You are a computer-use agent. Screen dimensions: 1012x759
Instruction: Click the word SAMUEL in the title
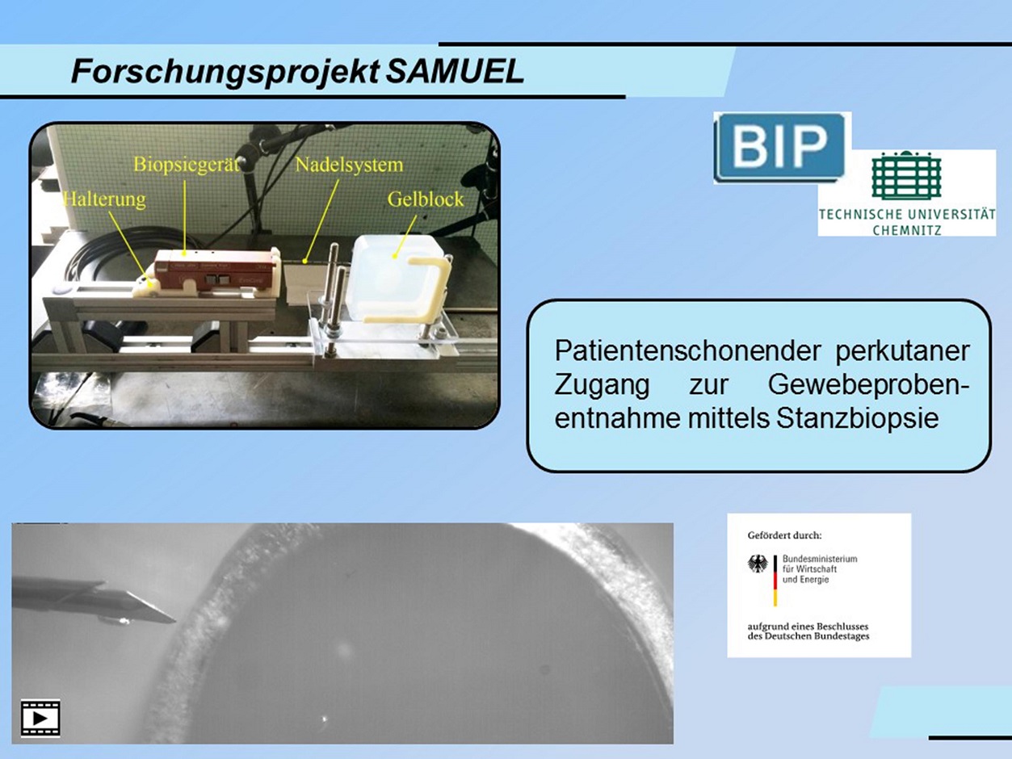[x=455, y=72]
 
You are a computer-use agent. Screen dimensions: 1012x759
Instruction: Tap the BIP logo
[x=780, y=148]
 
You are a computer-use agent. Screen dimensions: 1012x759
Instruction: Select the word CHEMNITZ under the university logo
[x=907, y=230]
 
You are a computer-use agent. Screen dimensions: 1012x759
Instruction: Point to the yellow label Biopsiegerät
[x=187, y=164]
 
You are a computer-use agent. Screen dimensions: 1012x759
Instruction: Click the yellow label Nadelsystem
[x=349, y=165]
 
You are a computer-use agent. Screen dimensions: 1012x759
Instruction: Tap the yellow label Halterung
[x=105, y=199]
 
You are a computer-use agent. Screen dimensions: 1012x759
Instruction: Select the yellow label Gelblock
[x=425, y=199]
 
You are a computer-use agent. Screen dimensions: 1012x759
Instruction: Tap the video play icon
[x=40, y=719]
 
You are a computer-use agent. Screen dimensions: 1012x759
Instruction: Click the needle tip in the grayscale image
[x=174, y=621]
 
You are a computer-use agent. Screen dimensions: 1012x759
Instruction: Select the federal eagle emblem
[x=758, y=564]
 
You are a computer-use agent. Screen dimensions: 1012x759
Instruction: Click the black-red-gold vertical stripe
[x=775, y=581]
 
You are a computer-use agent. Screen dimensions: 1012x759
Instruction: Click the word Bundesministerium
[x=820, y=559]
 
